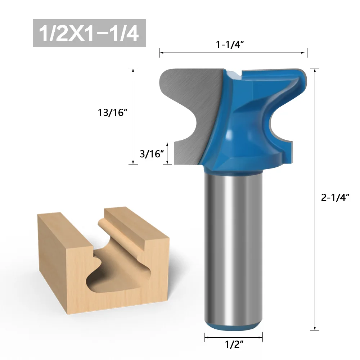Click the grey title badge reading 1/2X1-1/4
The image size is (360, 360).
coord(89,33)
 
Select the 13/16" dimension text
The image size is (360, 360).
coord(113,112)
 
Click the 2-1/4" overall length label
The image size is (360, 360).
coord(335,197)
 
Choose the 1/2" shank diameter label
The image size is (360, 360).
coord(233,345)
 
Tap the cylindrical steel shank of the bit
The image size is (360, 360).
coord(233,245)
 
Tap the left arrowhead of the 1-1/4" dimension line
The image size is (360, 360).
coord(162,53)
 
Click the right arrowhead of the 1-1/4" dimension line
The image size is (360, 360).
coord(305,53)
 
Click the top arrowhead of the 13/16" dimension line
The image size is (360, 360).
coord(133,70)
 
